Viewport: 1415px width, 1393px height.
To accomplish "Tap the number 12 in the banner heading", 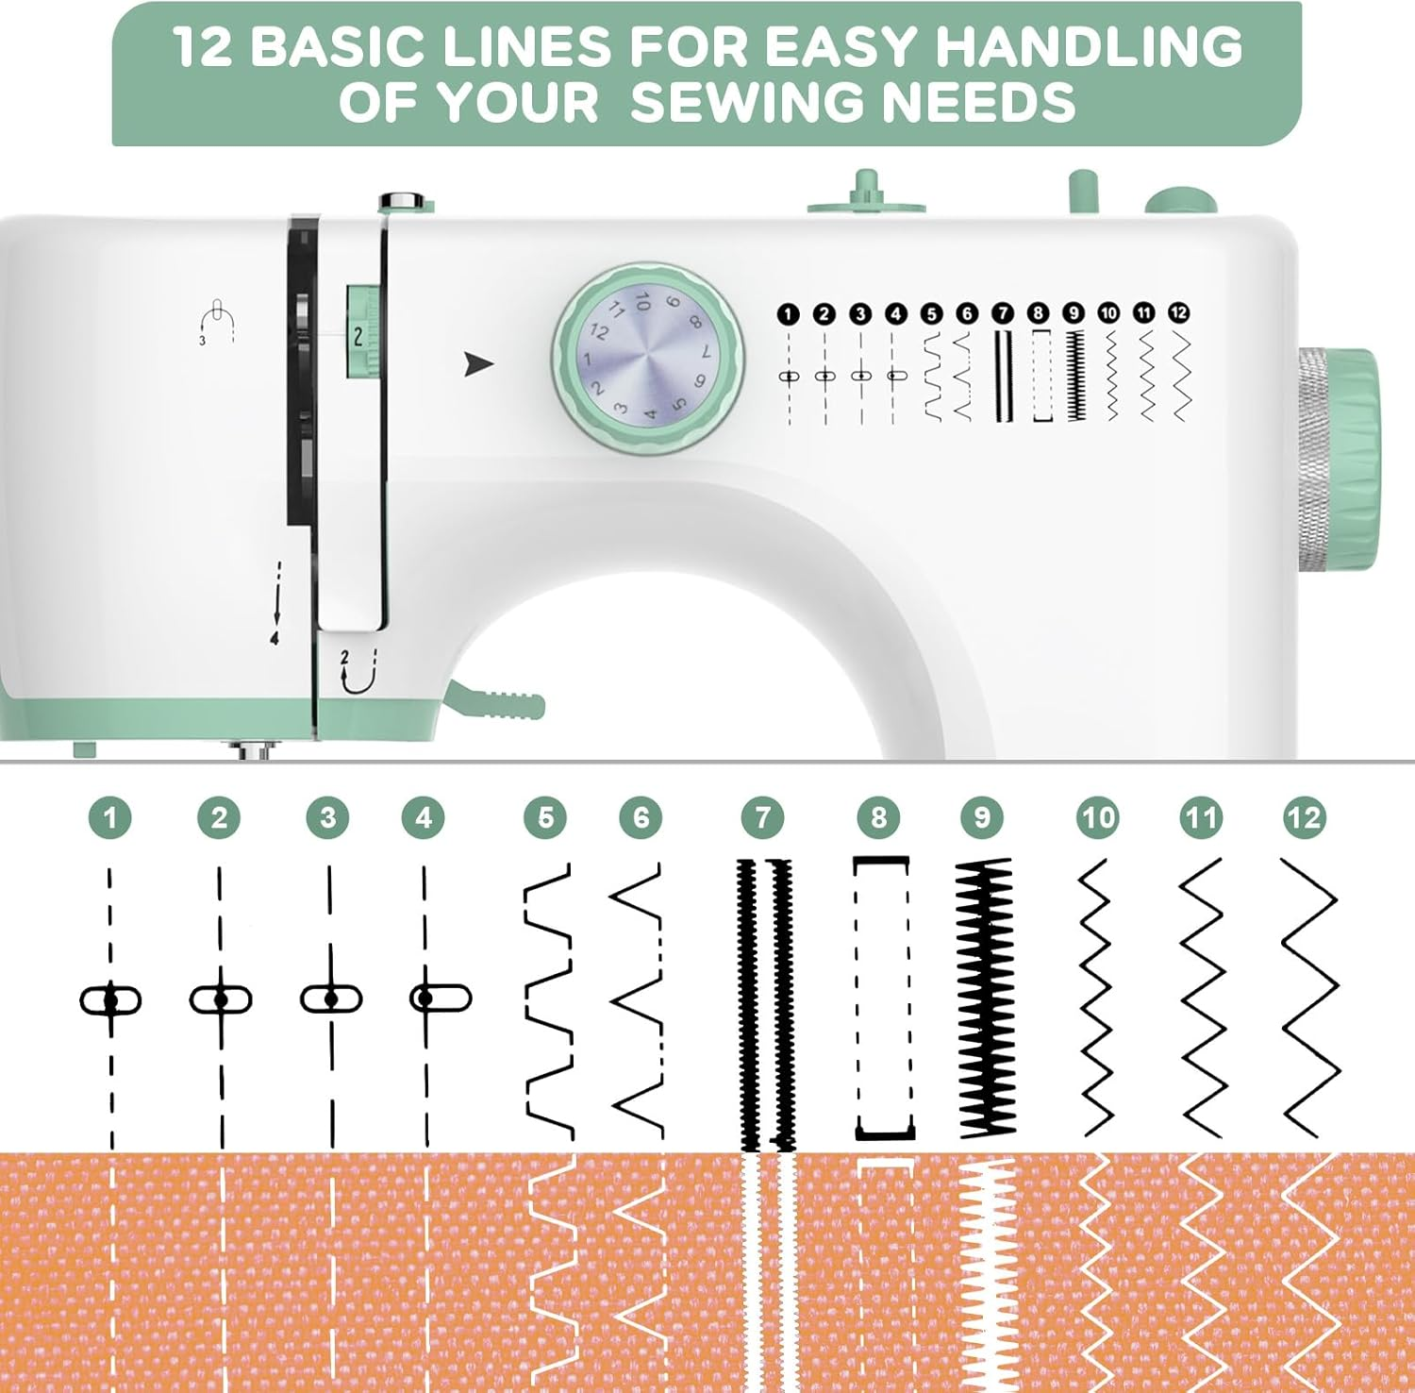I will tap(203, 46).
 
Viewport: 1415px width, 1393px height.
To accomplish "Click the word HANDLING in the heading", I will tap(1089, 46).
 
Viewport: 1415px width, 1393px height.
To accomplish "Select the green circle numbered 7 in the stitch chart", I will tap(762, 817).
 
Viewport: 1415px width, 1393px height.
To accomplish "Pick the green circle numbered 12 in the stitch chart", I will tap(1305, 817).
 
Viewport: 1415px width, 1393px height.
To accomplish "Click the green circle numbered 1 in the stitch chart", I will tap(110, 817).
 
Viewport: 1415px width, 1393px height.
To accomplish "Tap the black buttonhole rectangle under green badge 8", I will tap(883, 998).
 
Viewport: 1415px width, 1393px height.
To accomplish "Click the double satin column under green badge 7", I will tap(764, 1000).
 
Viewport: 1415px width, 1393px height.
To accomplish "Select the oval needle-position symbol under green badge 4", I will tap(441, 998).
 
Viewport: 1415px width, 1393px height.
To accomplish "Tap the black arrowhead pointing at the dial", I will tap(478, 363).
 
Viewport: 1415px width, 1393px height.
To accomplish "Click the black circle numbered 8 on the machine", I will tap(1038, 313).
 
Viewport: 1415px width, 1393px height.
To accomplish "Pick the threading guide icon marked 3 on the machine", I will tap(217, 321).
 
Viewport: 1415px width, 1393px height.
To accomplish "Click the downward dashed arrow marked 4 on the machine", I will tap(276, 604).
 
